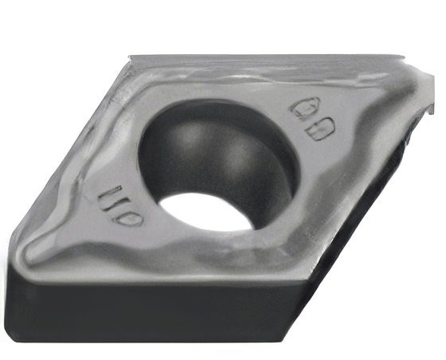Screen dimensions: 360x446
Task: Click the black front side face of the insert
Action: point(159,315)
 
